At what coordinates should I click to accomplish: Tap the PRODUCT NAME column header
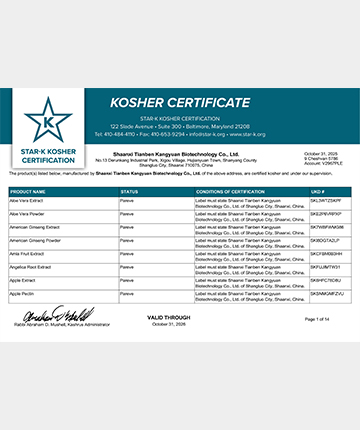(30, 190)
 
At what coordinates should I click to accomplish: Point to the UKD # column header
(318, 190)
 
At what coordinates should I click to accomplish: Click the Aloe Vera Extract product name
(28, 200)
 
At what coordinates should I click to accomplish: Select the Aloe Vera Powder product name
(28, 213)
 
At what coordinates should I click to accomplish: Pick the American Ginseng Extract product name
(36, 227)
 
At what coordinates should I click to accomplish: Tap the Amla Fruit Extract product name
(29, 254)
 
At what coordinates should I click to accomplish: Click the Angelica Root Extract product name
(32, 267)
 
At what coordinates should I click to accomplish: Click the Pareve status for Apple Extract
(127, 281)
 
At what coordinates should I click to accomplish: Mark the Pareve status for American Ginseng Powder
(127, 240)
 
